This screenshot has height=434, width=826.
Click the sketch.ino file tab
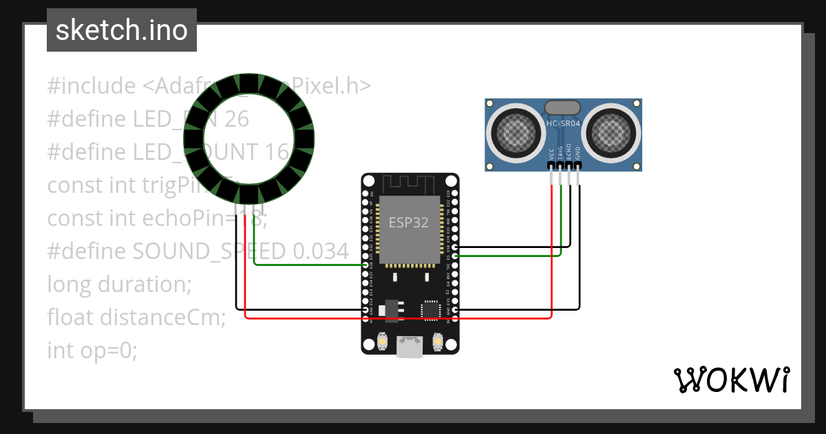click(121, 30)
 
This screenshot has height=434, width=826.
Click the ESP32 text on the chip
click(409, 223)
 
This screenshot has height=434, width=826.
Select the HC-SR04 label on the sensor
click(562, 124)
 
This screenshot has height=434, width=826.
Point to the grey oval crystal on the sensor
click(562, 107)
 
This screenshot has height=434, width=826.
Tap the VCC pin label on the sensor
click(551, 154)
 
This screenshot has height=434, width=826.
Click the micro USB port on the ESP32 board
click(410, 347)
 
